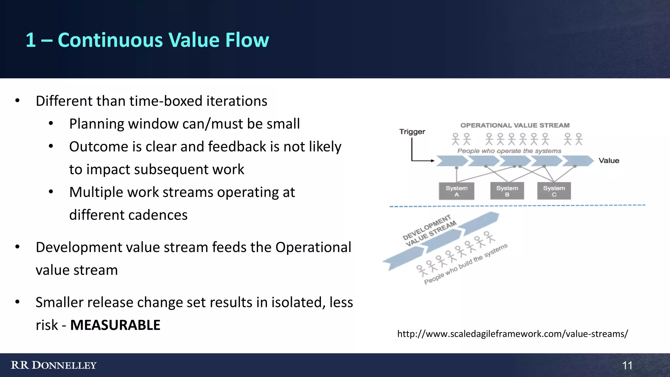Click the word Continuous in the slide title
pos(110,40)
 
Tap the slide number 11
pos(627,365)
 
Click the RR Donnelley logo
pos(54,365)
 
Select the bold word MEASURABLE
pos(115,325)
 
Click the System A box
pos(456,191)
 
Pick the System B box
pos(507,191)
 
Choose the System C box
pos(554,191)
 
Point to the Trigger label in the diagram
pos(412,132)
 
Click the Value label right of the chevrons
pos(609,161)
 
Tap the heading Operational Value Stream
pos(515,125)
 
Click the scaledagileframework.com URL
pos(512,334)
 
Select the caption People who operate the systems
pos(509,151)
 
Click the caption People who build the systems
pos(466,264)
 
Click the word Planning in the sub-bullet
pos(96,124)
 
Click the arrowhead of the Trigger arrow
pos(432,161)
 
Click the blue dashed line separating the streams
pos(517,206)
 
